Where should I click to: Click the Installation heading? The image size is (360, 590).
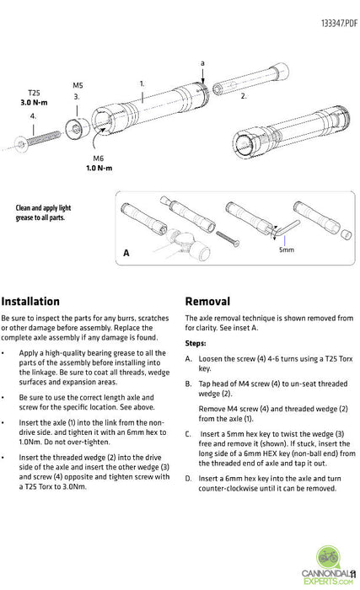[x=30, y=301]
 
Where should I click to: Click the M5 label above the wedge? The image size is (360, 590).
[x=78, y=85]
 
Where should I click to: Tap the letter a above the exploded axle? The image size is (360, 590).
[x=202, y=63]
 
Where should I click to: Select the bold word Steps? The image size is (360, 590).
[x=196, y=343]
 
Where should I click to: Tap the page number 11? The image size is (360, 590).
[x=354, y=575]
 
